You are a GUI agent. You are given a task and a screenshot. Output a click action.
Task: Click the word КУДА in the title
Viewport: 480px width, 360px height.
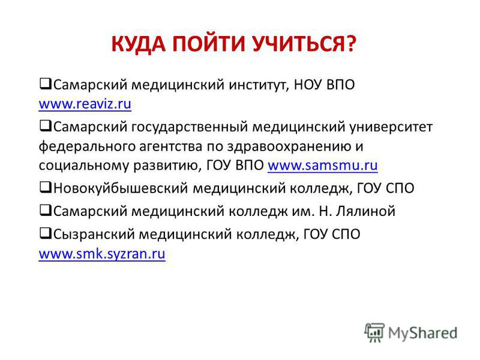click(139, 44)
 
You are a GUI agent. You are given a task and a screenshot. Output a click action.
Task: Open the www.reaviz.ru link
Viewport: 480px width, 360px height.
click(85, 104)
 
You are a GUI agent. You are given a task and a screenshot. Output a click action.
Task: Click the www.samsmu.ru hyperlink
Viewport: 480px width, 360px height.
click(323, 166)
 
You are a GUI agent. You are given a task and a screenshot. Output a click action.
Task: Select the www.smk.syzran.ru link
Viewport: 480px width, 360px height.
click(102, 254)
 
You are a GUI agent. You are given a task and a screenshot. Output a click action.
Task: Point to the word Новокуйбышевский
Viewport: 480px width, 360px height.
click(121, 188)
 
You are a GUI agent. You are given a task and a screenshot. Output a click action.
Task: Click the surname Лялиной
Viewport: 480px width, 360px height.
click(365, 211)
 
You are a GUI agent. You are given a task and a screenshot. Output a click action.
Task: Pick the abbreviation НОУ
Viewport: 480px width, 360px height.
click(308, 85)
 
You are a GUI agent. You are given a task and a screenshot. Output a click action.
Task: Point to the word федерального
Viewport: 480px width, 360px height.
click(87, 146)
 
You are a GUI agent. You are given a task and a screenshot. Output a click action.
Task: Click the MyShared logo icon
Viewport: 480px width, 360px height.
click(374, 332)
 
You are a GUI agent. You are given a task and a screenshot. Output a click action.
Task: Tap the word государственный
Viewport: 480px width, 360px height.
click(190, 127)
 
